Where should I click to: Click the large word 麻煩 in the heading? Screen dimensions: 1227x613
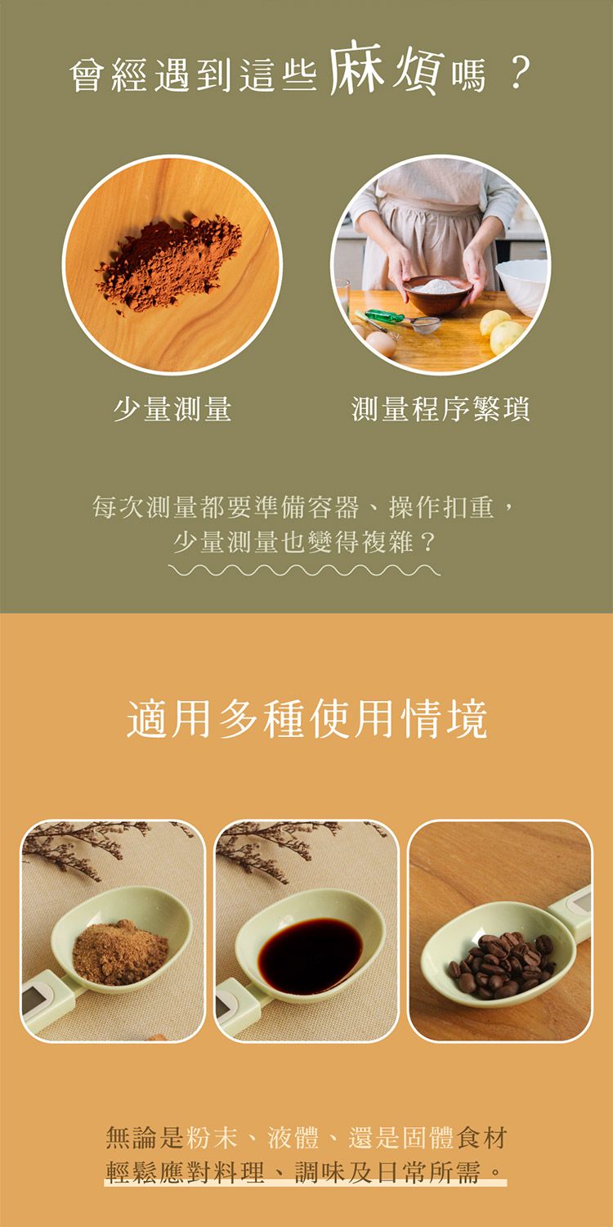385,70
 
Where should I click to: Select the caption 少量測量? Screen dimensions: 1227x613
172,407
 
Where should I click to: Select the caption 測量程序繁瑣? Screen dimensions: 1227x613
441,407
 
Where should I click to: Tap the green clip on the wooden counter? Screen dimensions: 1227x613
384,316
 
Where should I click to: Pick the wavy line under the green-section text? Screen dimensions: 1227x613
306,569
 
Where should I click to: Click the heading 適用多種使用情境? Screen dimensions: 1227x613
307,719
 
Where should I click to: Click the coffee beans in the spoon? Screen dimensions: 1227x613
500,964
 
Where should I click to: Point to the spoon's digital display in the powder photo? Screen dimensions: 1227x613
37,998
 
